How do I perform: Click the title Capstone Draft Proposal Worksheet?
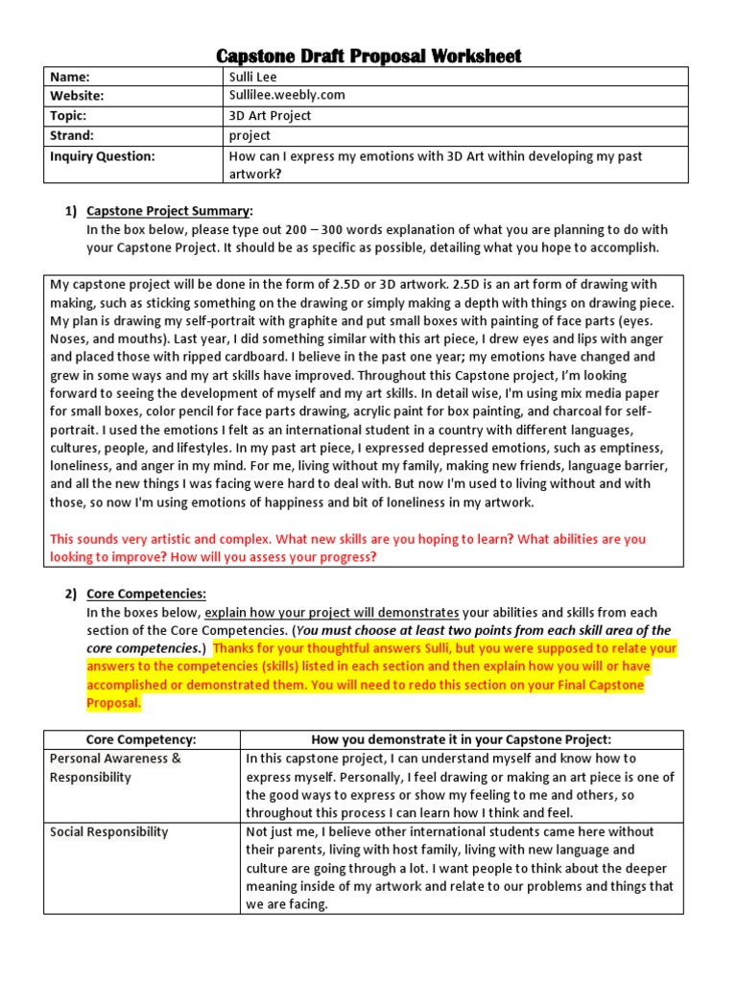(368, 56)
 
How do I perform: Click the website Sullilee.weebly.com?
(286, 96)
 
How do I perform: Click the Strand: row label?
(75, 135)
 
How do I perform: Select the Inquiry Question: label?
(103, 155)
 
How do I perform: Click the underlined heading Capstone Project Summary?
(169, 210)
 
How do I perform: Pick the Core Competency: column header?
(141, 739)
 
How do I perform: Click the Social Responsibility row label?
(109, 831)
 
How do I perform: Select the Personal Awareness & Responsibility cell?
(115, 768)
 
